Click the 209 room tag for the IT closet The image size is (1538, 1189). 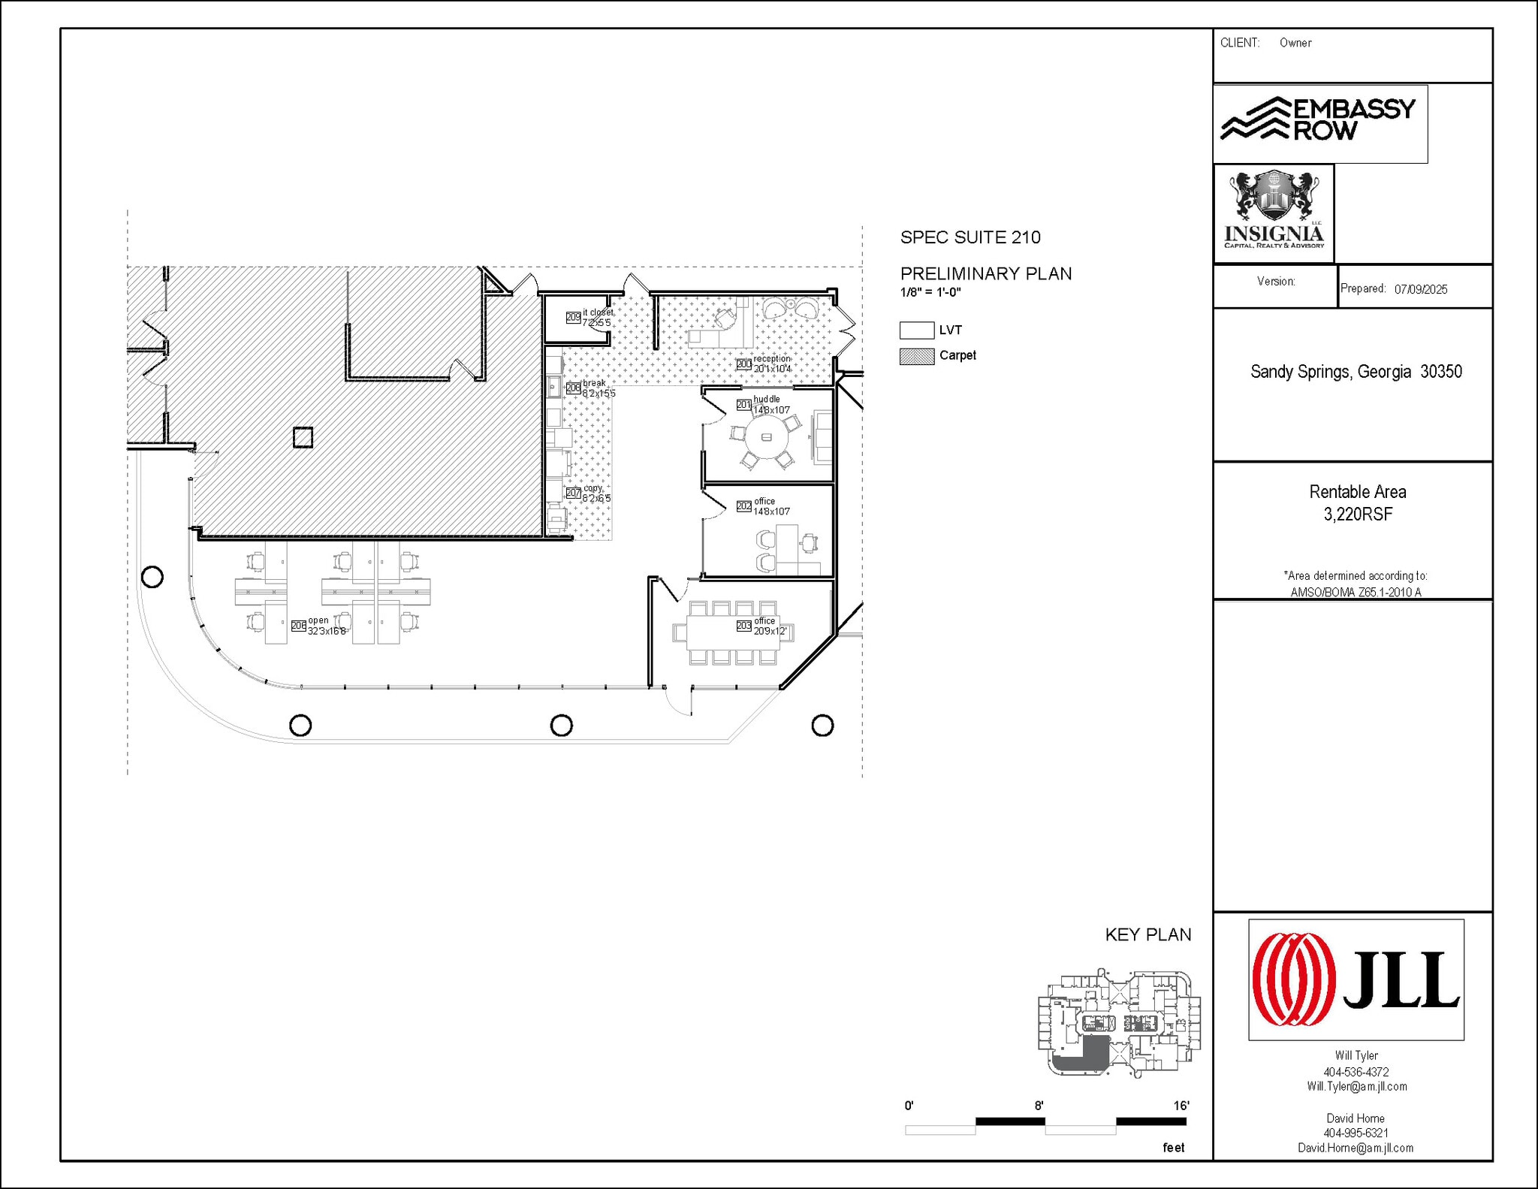pos(573,318)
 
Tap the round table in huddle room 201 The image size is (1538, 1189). pos(767,437)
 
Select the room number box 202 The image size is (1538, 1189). pos(743,506)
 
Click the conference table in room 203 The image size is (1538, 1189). pos(733,632)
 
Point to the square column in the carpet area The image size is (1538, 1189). pos(303,437)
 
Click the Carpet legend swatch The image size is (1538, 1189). pos(917,356)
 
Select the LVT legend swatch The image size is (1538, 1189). pos(917,330)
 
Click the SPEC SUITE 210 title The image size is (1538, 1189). pos(970,237)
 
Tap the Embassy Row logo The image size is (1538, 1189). pos(1319,120)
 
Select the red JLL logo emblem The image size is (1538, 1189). pos(1293,979)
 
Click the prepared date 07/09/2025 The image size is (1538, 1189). pos(1421,289)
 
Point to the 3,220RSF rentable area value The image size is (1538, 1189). pos(1358,515)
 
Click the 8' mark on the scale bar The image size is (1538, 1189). pos(1039,1106)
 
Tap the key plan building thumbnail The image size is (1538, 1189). pos(1119,1023)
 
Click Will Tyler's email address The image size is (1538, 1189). pos(1356,1086)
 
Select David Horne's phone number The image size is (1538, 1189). pos(1356,1133)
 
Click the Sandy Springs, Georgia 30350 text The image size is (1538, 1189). pos(1356,372)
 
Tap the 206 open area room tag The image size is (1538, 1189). pos(298,626)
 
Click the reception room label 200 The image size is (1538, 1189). pos(743,364)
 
